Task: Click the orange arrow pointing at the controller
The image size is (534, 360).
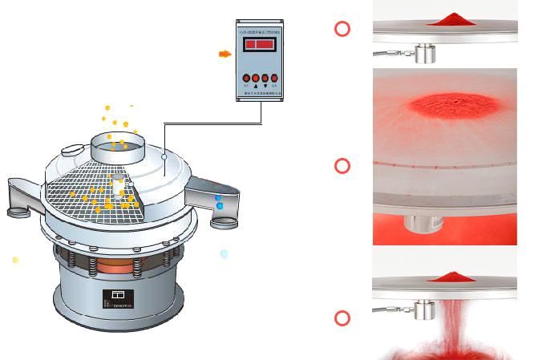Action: [x=225, y=54]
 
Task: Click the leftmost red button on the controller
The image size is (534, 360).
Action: [x=246, y=78]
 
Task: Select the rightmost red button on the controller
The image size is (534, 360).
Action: [x=274, y=78]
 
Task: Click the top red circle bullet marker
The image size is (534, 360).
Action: [x=342, y=30]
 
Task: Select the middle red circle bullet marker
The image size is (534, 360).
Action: [x=342, y=166]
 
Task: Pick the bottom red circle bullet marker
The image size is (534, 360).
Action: [x=342, y=318]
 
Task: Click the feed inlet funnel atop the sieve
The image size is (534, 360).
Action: [x=118, y=145]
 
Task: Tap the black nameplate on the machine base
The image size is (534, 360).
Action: [x=118, y=298]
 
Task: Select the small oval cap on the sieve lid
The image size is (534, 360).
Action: [x=71, y=149]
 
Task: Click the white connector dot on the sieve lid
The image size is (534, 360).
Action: [x=164, y=159]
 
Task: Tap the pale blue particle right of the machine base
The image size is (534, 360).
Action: [x=224, y=253]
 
